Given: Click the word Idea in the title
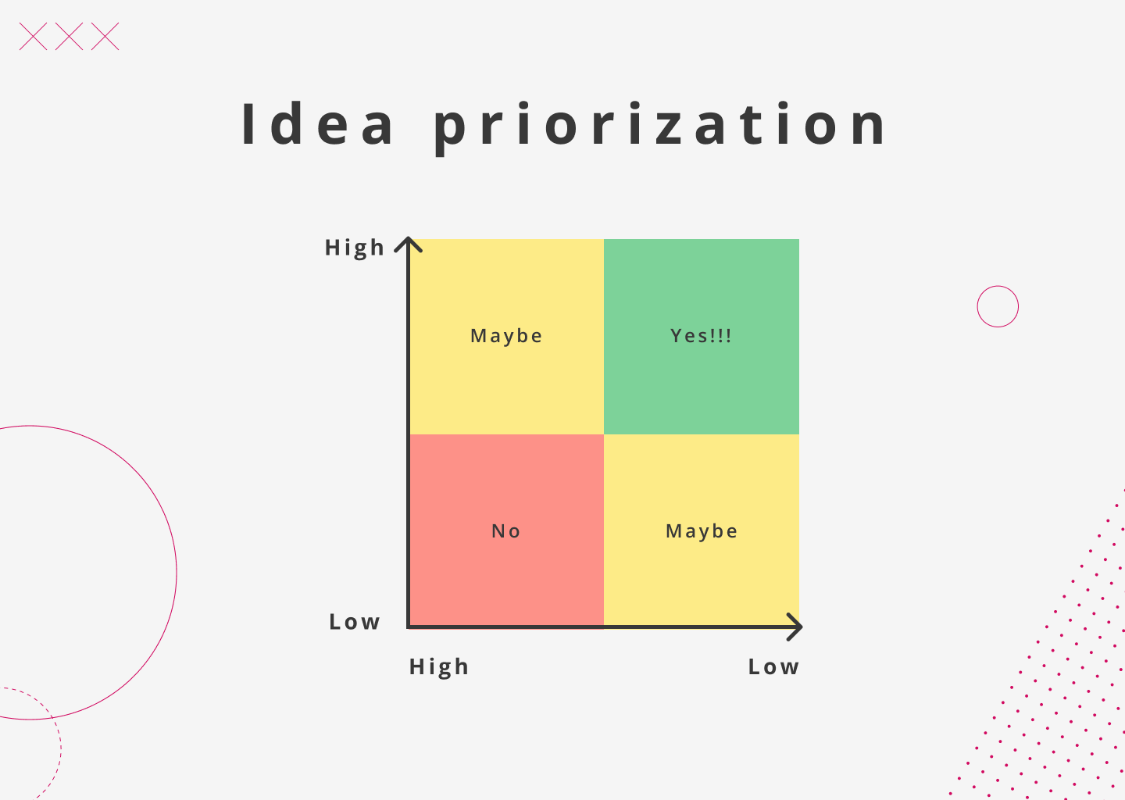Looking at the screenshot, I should coord(318,124).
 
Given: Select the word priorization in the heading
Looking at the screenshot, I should coord(661,126).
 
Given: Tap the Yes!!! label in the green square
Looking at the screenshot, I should coord(702,336).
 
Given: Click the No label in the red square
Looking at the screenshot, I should coord(506,531).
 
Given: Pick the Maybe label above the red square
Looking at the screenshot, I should coord(506,336).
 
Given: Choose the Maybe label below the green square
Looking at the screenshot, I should coord(702,531).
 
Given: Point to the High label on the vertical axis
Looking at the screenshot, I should coord(355,248).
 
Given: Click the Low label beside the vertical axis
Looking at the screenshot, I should coord(355,622).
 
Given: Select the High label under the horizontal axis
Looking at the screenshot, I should coord(439,667).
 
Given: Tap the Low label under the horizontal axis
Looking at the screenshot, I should coord(773,667).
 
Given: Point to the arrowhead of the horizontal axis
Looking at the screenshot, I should coord(796,627).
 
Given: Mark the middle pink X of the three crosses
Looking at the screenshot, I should coord(69,37).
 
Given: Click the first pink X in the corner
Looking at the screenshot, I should coord(33,37).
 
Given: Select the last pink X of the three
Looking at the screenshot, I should coord(105,37).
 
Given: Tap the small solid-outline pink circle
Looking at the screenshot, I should coord(998,286).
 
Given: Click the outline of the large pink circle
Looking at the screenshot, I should coord(177,573).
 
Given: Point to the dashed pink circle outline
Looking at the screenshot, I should coord(61,748).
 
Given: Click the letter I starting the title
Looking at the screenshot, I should coord(248,124).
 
